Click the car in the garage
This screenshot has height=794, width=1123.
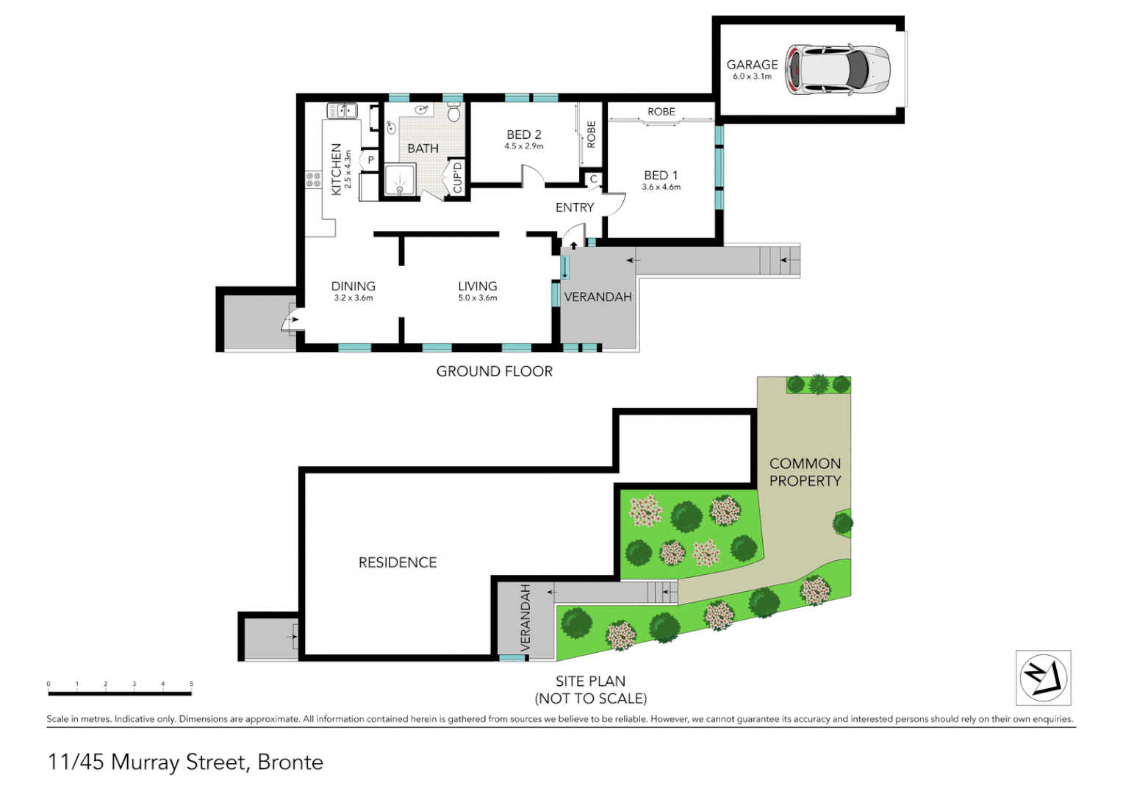(838, 70)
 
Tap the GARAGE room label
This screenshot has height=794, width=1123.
(752, 65)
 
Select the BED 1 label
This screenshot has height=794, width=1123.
(661, 175)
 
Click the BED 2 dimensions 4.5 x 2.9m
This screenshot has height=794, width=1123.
(524, 146)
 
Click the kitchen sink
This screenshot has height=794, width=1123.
(342, 111)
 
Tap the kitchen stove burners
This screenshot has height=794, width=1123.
(314, 179)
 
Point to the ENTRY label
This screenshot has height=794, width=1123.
(574, 207)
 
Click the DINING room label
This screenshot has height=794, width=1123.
(353, 286)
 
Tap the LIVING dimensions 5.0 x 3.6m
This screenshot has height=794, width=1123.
(478, 298)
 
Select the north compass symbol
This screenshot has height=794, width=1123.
(1043, 677)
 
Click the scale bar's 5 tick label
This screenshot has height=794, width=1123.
(191, 684)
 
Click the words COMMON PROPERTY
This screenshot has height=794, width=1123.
(805, 472)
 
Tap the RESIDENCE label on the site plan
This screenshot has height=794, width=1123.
(398, 562)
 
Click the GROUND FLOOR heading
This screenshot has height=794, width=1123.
(494, 371)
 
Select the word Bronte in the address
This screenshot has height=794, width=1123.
(290, 762)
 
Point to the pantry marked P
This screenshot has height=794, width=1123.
(371, 160)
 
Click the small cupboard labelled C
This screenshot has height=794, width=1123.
(593, 179)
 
